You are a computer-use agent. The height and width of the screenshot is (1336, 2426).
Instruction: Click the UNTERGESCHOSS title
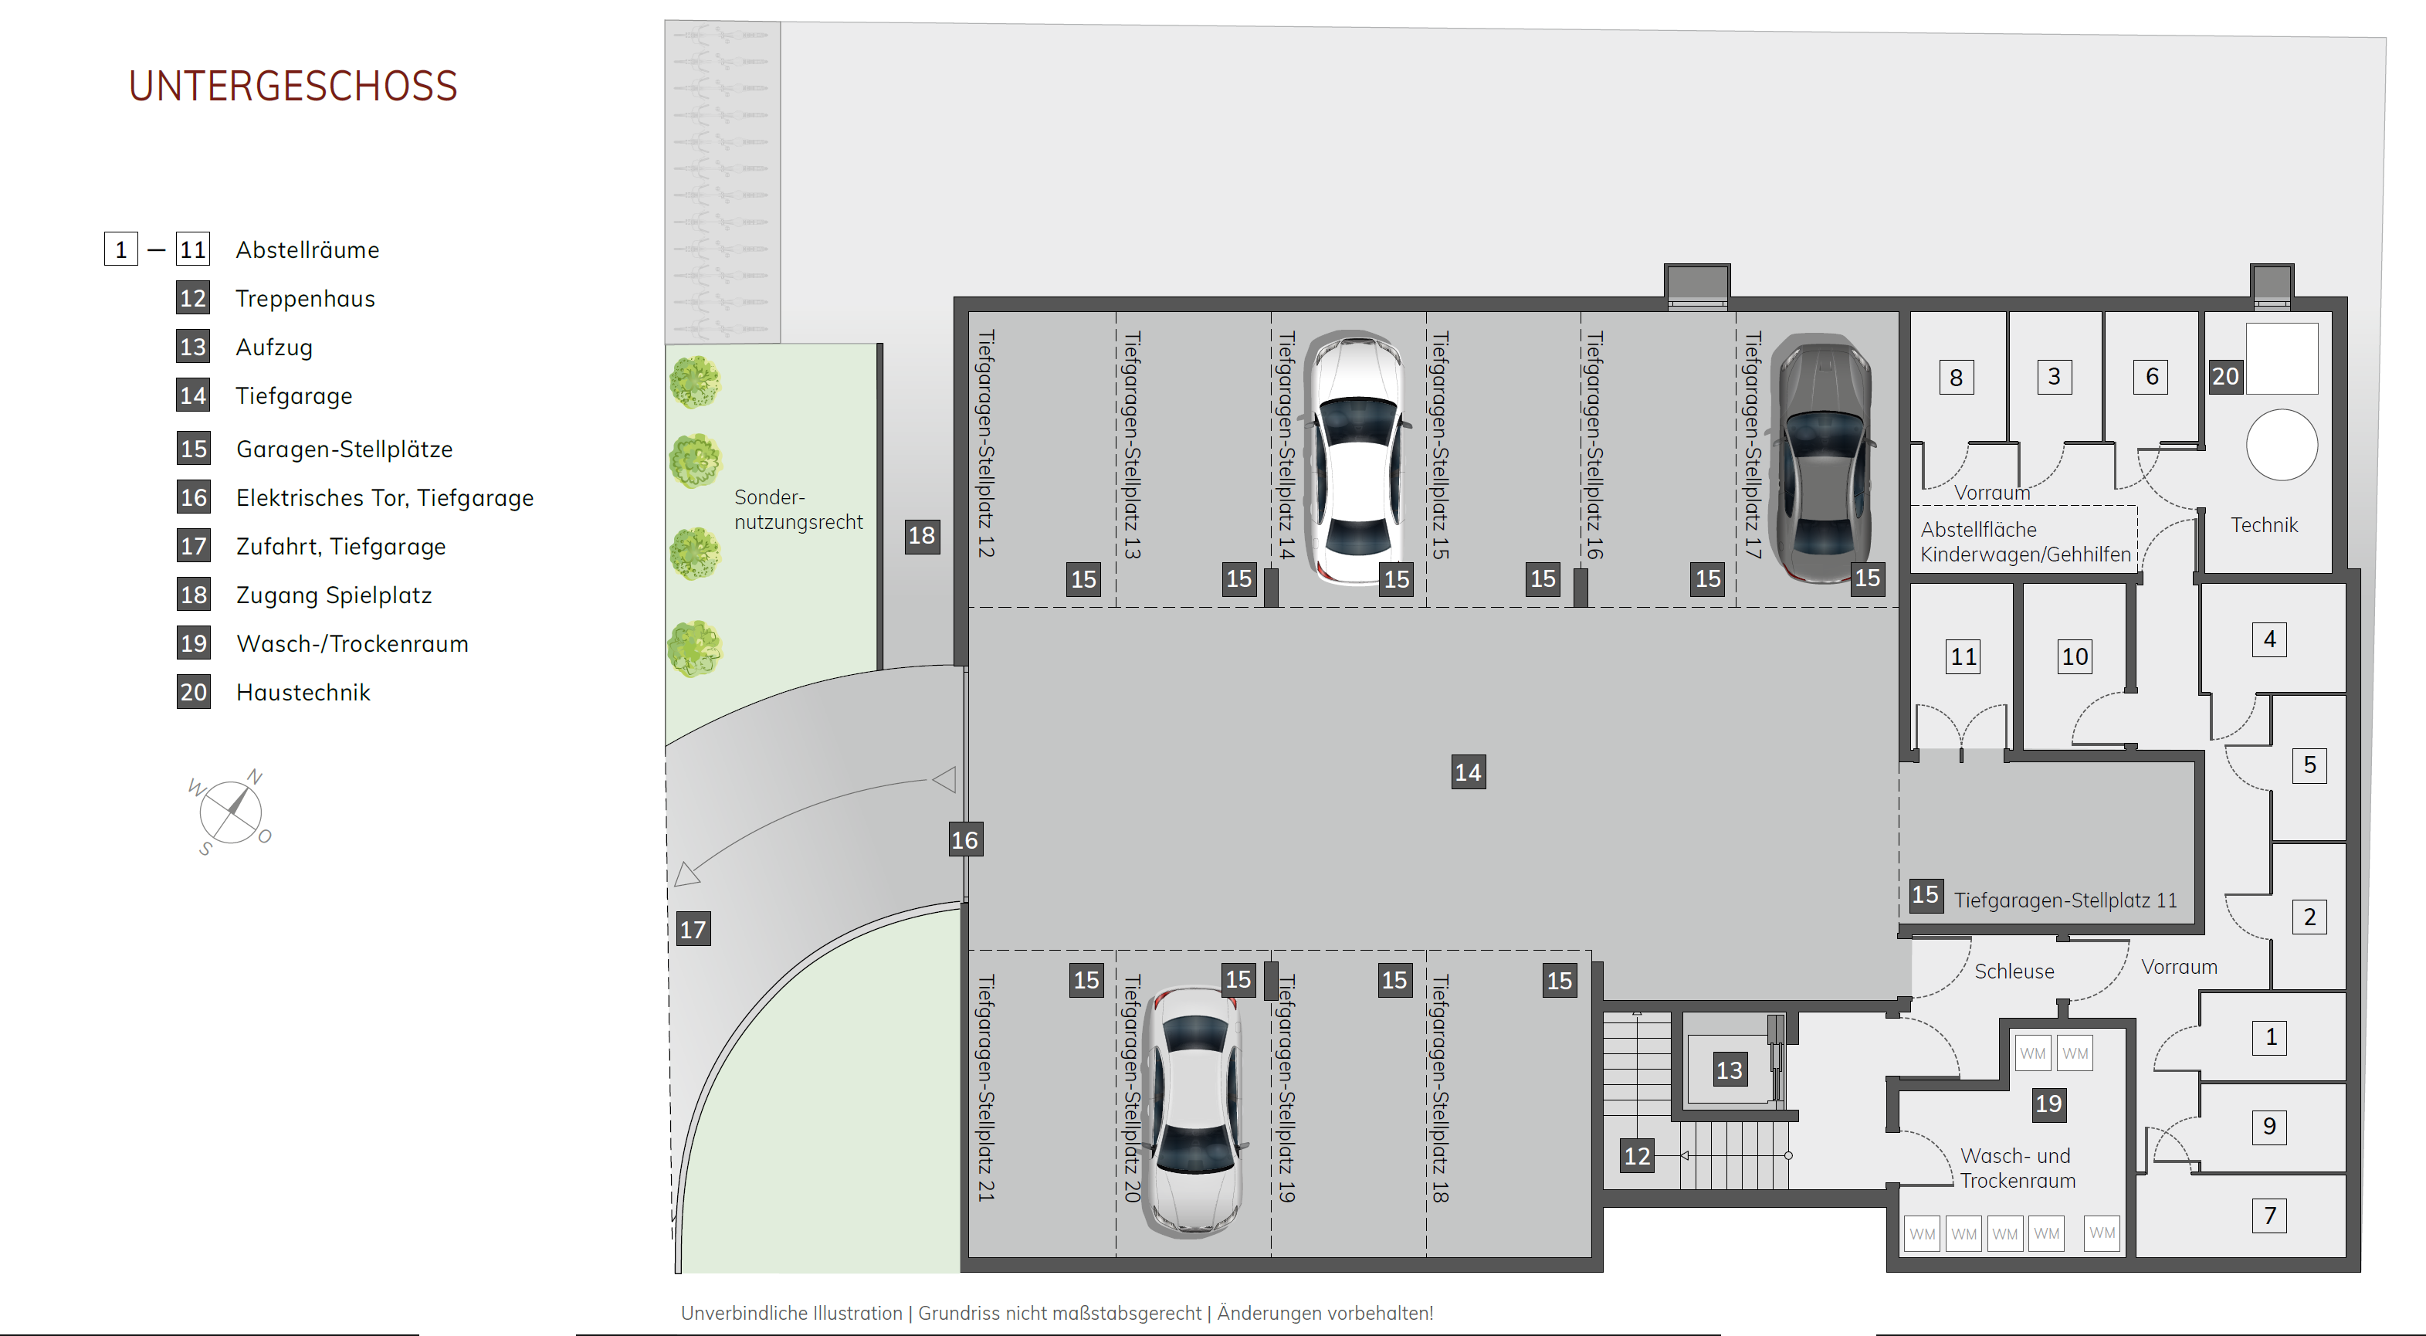pyautogui.click(x=293, y=86)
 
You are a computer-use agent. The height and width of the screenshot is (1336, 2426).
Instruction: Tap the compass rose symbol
pyautogui.click(x=231, y=811)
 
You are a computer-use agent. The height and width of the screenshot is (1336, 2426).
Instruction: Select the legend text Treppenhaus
pyautogui.click(x=305, y=299)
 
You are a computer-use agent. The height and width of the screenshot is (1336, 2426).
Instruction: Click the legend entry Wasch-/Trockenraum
pyautogui.click(x=352, y=643)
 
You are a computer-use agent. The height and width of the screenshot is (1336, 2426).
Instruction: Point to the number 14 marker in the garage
pyautogui.click(x=1469, y=772)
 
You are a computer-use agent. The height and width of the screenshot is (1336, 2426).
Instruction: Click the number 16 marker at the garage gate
pyautogui.click(x=964, y=839)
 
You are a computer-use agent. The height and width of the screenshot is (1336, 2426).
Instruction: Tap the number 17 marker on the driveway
pyautogui.click(x=693, y=929)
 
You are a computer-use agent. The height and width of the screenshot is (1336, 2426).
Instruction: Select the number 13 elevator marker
pyautogui.click(x=1729, y=1070)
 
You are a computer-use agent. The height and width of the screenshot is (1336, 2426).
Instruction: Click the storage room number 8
pyautogui.click(x=1956, y=377)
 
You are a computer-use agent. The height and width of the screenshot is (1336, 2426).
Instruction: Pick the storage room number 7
pyautogui.click(x=2270, y=1216)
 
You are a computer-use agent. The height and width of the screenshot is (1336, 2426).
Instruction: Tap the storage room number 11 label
pyautogui.click(x=1964, y=656)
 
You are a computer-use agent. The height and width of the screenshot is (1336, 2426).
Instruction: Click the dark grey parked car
pyautogui.click(x=1822, y=458)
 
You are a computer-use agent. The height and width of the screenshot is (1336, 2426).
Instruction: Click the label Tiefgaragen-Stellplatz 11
pyautogui.click(x=2065, y=900)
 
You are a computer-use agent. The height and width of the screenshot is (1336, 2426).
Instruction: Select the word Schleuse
pyautogui.click(x=2014, y=971)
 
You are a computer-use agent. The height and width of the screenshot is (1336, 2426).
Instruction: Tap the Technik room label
pyautogui.click(x=2264, y=525)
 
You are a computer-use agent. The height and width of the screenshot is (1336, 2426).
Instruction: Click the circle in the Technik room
pyautogui.click(x=2282, y=445)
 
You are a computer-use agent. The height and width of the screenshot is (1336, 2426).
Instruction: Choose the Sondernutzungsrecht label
pyautogui.click(x=798, y=509)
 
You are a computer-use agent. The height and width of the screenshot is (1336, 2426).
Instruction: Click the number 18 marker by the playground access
pyautogui.click(x=922, y=536)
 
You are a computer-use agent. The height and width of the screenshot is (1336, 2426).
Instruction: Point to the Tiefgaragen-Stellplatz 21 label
pyautogui.click(x=986, y=1088)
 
